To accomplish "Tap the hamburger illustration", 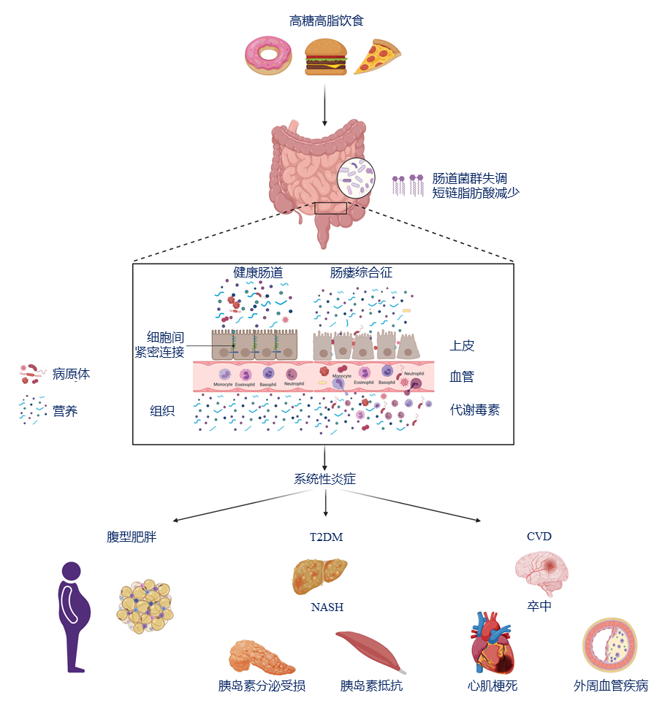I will pos(325,56).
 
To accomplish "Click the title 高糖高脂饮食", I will pos(326,20).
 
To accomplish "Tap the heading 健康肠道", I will pos(258,272).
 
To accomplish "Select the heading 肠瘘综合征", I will pos(361,272).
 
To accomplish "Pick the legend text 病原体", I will pos(71,374).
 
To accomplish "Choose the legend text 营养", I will pos(64,411).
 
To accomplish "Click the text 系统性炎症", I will pos(325,479).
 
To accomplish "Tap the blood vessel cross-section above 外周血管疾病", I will pos(609,645).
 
